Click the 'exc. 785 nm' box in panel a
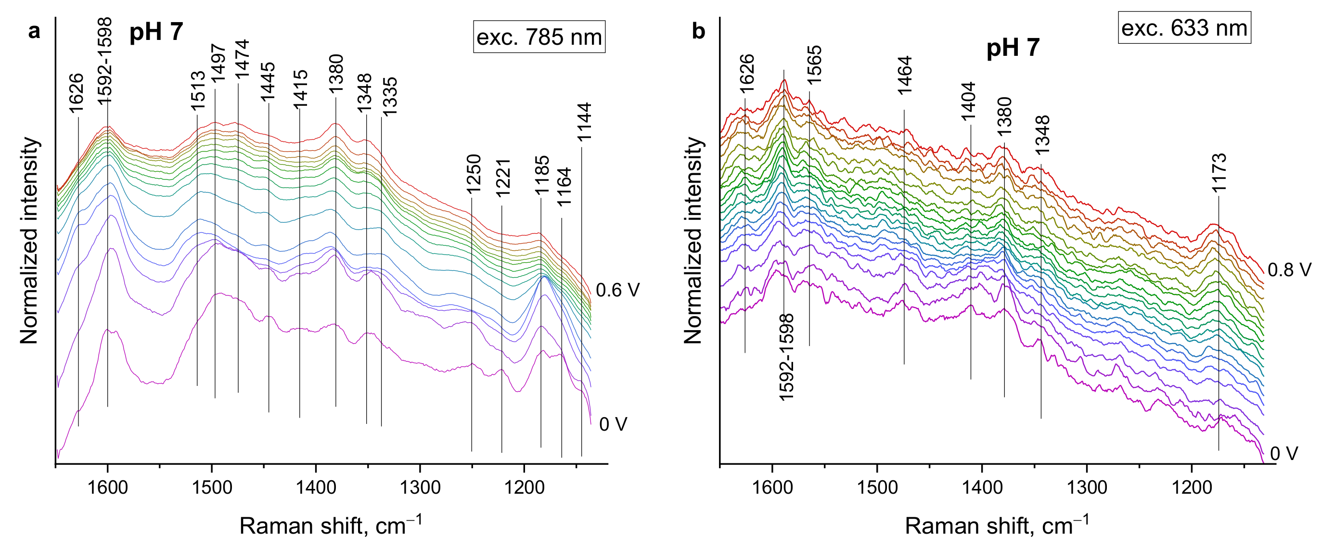click(x=539, y=37)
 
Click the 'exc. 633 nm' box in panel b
click(x=1184, y=28)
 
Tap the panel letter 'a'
click(x=34, y=31)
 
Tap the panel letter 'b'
click(x=698, y=31)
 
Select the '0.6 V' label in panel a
click(x=617, y=290)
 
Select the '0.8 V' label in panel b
click(x=1289, y=269)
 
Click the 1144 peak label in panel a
click(x=584, y=123)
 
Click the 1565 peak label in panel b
click(x=814, y=65)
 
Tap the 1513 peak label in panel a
click(x=198, y=91)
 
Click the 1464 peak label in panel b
click(x=905, y=76)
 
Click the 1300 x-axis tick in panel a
click(x=420, y=487)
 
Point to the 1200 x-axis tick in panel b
click(x=1192, y=487)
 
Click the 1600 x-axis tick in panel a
click(x=107, y=487)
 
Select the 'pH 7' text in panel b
click(x=1013, y=48)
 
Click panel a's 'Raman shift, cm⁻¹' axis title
click(x=331, y=525)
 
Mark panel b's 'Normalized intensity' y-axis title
click(x=693, y=240)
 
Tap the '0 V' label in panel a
click(x=613, y=424)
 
